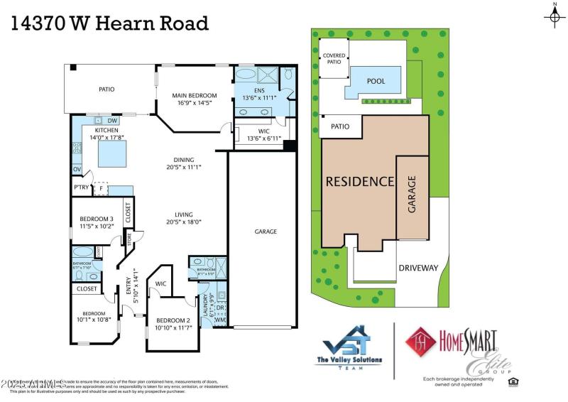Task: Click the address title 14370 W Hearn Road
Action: tap(110, 23)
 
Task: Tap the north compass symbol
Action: tap(555, 16)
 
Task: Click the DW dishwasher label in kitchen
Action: tap(112, 121)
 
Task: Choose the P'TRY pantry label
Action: tap(80, 188)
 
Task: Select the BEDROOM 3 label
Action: tap(97, 219)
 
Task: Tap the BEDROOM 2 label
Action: tap(173, 320)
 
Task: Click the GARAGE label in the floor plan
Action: tap(266, 232)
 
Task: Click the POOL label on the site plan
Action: tap(376, 81)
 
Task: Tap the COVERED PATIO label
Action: tap(334, 58)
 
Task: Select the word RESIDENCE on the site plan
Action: tap(359, 181)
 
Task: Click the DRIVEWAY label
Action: tap(418, 268)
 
